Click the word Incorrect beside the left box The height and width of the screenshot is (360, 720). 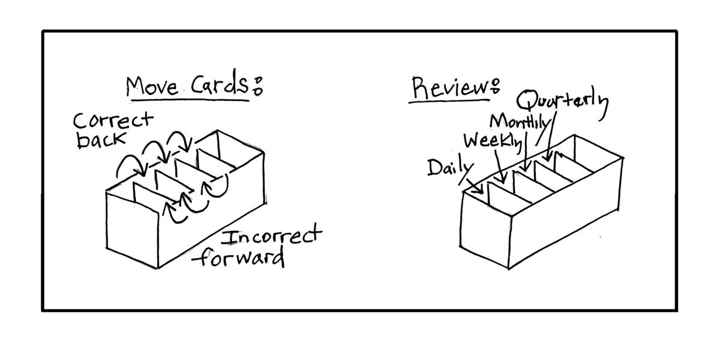[x=271, y=237]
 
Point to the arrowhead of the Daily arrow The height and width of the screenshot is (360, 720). [x=482, y=191]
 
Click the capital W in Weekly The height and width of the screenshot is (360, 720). [x=473, y=142]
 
